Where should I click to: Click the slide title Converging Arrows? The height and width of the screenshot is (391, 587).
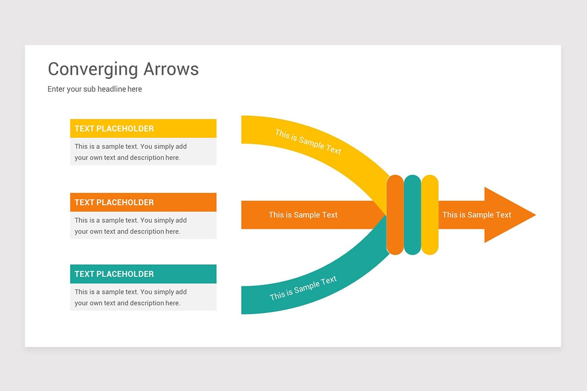pyautogui.click(x=123, y=69)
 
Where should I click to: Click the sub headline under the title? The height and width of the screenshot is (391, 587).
pyautogui.click(x=95, y=89)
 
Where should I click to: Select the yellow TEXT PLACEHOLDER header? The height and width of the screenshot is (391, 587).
pyautogui.click(x=143, y=129)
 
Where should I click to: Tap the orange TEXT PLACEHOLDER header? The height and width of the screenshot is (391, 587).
pyautogui.click(x=143, y=202)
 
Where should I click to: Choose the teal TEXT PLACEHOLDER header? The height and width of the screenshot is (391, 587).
pyautogui.click(x=143, y=274)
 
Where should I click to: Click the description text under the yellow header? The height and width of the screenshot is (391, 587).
pyautogui.click(x=131, y=152)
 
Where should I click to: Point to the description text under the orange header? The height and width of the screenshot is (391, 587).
pyautogui.click(x=131, y=226)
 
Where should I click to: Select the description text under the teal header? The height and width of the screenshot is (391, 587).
pyautogui.click(x=131, y=297)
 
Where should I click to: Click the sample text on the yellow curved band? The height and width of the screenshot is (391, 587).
pyautogui.click(x=308, y=142)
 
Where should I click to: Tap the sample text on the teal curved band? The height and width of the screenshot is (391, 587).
pyautogui.click(x=303, y=288)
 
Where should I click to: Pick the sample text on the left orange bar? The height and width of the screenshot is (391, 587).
pyautogui.click(x=303, y=215)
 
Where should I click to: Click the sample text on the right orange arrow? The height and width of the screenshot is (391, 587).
pyautogui.click(x=476, y=215)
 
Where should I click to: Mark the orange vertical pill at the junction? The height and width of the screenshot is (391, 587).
pyautogui.click(x=395, y=215)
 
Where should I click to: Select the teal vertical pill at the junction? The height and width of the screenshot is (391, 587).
pyautogui.click(x=412, y=215)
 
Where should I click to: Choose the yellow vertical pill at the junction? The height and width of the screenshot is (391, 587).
pyautogui.click(x=429, y=215)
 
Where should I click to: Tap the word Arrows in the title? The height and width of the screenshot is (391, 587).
pyautogui.click(x=171, y=69)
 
